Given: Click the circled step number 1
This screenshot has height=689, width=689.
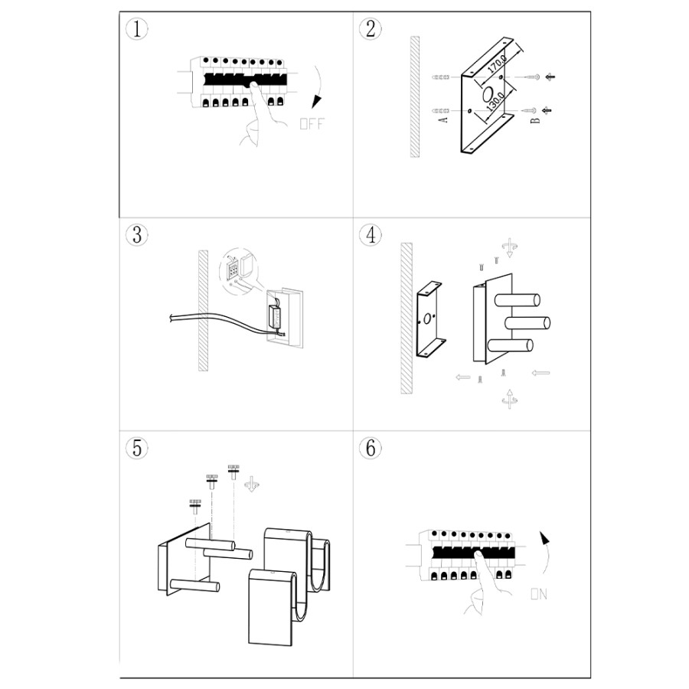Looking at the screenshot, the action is point(137,29).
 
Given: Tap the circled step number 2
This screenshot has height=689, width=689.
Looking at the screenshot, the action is point(371,29).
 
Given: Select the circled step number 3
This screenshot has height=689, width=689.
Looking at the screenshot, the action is point(137,235).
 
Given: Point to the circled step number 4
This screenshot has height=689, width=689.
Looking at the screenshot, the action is point(371,235).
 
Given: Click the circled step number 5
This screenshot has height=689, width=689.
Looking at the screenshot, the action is point(137,448).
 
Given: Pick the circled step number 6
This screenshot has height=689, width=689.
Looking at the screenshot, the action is point(371,448).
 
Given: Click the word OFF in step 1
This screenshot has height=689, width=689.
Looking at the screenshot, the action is point(312,124).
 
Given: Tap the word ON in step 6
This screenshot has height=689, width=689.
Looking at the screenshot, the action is point(539,594).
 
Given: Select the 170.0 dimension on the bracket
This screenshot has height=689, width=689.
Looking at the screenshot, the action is point(497,64).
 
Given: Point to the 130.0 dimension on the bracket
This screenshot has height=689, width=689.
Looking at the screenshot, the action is point(495,100).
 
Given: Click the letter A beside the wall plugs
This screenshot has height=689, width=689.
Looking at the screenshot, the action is point(443,119).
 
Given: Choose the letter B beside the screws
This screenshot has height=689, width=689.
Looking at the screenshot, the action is point(535,120).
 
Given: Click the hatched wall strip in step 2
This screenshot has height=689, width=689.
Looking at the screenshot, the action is point(415,96).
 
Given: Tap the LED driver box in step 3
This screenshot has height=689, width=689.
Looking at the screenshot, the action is point(276,316).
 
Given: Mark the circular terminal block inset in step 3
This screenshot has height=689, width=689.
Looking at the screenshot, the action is point(239,271).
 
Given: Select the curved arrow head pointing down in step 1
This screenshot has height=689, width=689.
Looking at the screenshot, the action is point(316,102).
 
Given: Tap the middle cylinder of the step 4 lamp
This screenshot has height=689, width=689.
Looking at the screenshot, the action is point(527,323).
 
